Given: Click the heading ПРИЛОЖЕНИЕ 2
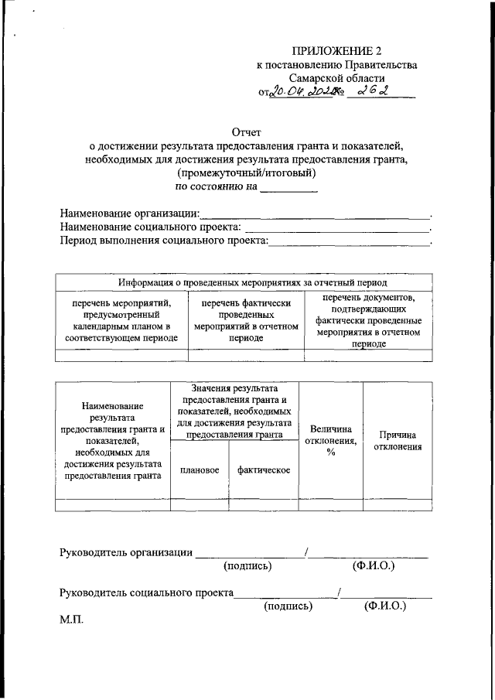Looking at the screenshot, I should [336, 52].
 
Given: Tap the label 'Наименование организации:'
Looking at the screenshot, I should [129, 213].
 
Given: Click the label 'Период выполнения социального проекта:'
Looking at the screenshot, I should [164, 241].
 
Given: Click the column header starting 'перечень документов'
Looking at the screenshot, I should [368, 320].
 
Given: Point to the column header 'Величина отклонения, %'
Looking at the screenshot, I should [330, 440].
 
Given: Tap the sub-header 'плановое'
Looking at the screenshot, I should [200, 470].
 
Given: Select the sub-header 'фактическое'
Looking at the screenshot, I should [264, 470].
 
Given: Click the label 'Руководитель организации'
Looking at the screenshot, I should [126, 551].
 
